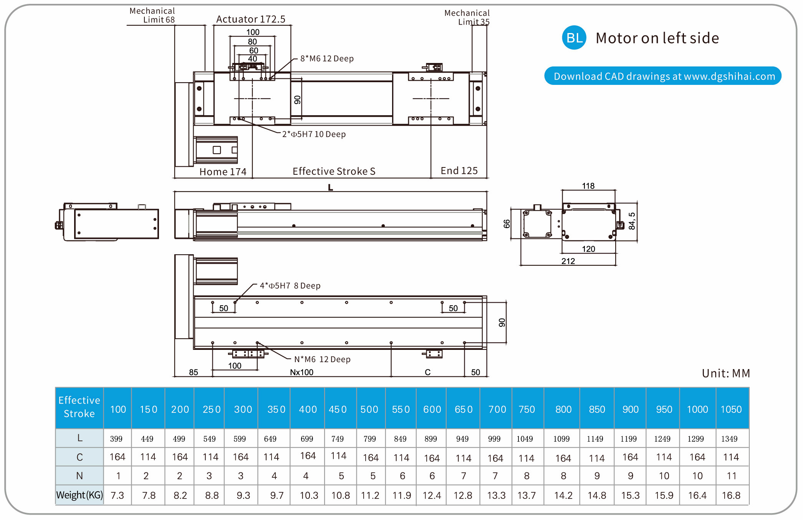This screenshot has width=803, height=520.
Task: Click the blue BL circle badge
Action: (574, 38)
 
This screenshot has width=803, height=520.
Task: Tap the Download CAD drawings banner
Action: (663, 76)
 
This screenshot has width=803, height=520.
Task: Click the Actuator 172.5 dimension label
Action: (251, 19)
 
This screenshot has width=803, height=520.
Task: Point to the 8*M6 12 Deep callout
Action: (327, 59)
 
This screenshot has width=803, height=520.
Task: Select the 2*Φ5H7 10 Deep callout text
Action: (314, 134)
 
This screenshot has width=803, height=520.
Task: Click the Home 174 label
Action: (223, 172)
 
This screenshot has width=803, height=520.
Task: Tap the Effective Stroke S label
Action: (334, 171)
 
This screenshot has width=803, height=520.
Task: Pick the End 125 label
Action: (459, 171)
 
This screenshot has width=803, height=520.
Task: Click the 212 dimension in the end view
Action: (568, 262)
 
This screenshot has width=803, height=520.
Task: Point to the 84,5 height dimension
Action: (632, 221)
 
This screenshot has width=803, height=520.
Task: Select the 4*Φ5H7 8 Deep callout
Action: (290, 286)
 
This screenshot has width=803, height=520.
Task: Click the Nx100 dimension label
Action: (301, 373)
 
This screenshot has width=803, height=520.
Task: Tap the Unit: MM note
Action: (725, 373)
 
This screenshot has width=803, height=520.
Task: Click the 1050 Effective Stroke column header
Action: (731, 409)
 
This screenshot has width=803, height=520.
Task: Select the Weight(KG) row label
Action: (79, 495)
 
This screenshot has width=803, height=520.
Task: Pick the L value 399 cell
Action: (116, 439)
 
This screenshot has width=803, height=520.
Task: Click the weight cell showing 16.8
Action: (731, 495)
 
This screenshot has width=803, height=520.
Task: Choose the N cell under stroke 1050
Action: (732, 476)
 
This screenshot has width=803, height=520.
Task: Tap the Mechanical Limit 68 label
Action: (152, 15)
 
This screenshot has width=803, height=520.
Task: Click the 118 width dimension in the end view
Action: (588, 186)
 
